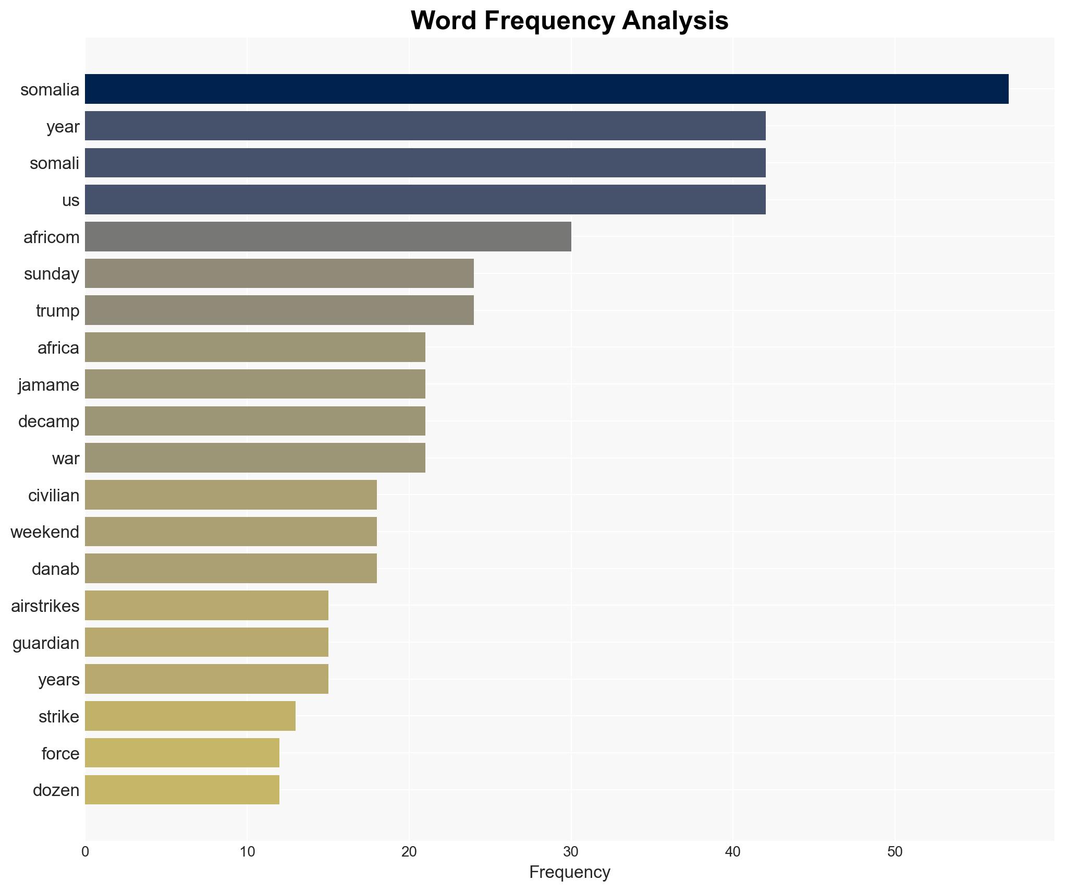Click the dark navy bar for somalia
coord(546,89)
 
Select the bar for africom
coord(328,237)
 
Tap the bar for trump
coord(279,310)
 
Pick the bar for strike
coord(190,716)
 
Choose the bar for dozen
coord(182,790)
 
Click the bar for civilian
coord(231,495)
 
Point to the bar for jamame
coord(255,384)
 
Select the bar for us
coord(425,200)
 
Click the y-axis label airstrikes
coord(45,606)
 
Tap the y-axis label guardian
coord(46,643)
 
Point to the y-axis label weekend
coord(45,532)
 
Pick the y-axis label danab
coord(55,569)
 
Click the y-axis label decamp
coord(48,421)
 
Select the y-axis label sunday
coord(52,274)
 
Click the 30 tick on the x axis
coord(571,852)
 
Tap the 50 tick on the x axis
coord(895,852)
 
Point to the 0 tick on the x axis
coord(85,852)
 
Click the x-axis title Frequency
coord(569,872)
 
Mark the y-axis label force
coord(60,754)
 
